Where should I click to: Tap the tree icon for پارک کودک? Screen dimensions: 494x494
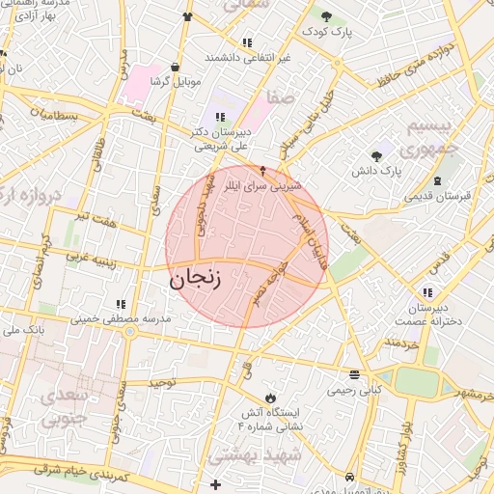tap(326, 15)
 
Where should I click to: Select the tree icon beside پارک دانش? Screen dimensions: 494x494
tap(376, 155)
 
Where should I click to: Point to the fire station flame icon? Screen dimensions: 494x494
tap(270, 397)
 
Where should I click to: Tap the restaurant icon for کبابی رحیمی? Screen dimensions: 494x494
tap(355, 375)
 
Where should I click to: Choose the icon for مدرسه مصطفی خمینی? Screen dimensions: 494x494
tap(120, 304)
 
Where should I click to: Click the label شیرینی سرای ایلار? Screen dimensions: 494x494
tap(262, 182)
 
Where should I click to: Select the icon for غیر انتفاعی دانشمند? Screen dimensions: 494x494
tap(248, 42)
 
